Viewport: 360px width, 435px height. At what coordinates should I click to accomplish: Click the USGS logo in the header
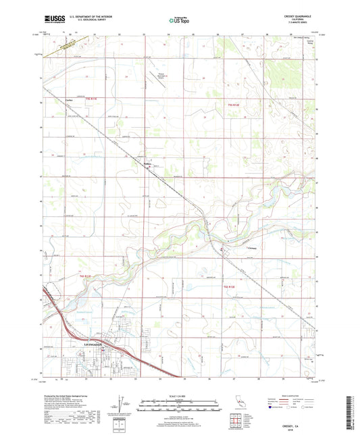click(53, 20)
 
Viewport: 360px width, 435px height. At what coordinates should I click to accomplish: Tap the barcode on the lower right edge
click(353, 405)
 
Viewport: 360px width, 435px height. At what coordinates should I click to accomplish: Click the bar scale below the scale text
click(179, 406)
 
